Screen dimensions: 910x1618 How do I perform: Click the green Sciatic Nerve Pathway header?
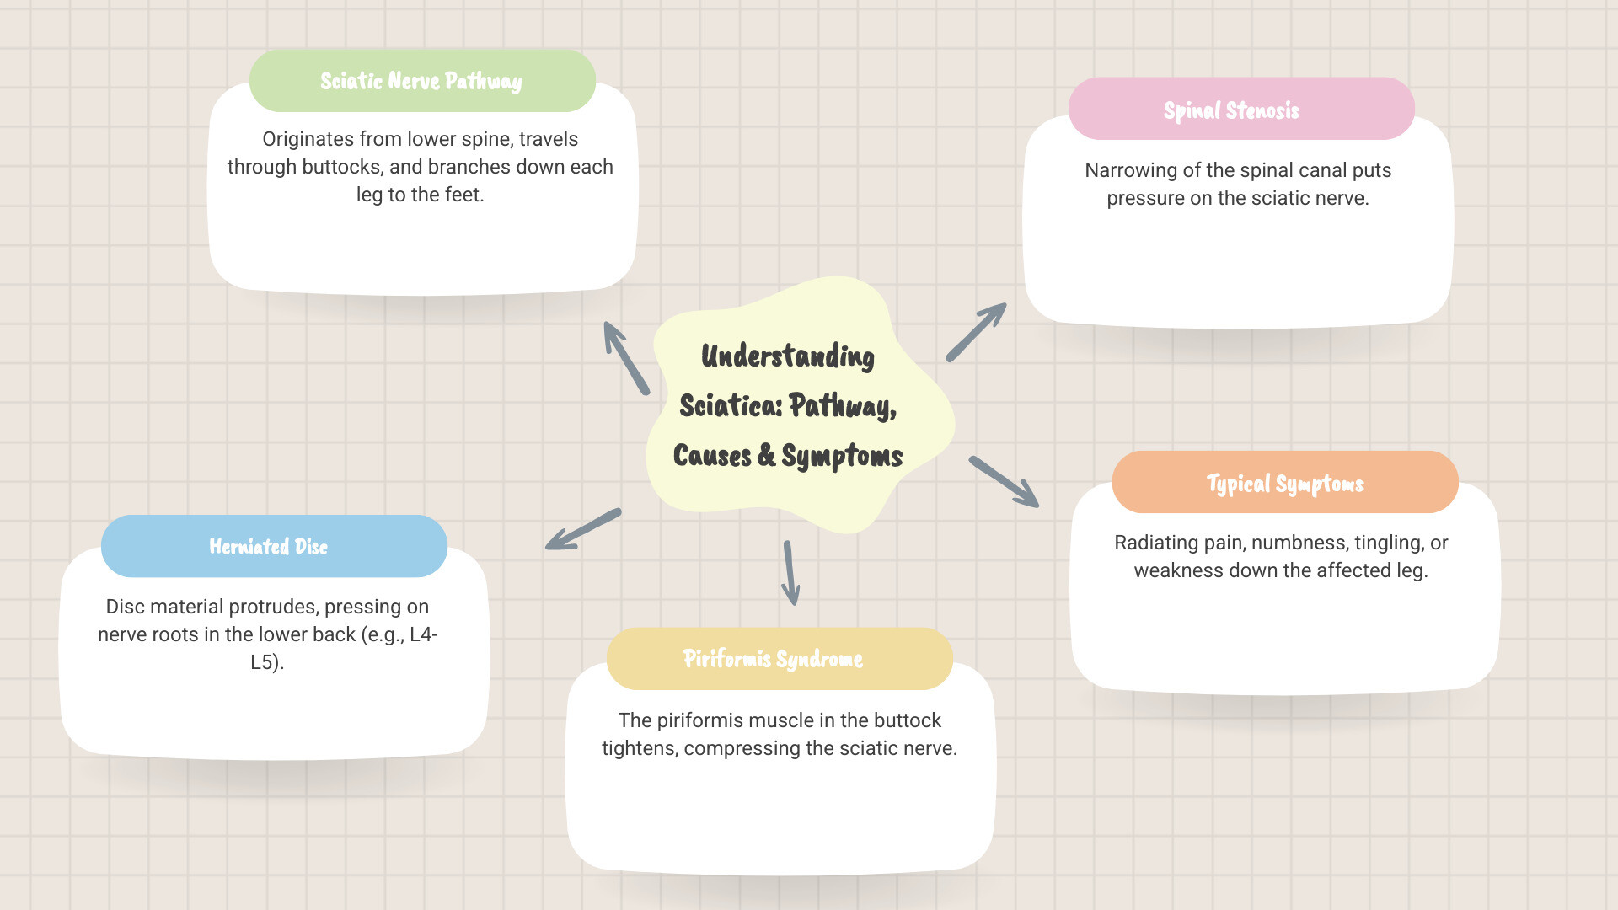[421, 81]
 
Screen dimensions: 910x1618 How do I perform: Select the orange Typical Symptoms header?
[1284, 483]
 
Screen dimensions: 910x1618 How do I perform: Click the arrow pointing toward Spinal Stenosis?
[976, 332]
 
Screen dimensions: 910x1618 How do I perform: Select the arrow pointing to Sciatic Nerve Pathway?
[625, 357]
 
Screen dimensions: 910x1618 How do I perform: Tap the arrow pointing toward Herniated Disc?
[583, 529]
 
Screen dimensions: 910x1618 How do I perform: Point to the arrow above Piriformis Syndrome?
[790, 573]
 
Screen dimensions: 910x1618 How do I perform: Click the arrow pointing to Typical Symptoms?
[1005, 482]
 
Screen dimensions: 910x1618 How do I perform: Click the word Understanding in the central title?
[787, 356]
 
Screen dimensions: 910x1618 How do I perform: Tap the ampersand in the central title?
[766, 455]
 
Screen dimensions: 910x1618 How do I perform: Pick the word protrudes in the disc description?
[273, 607]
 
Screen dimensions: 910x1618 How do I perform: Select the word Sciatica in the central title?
[731, 406]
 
